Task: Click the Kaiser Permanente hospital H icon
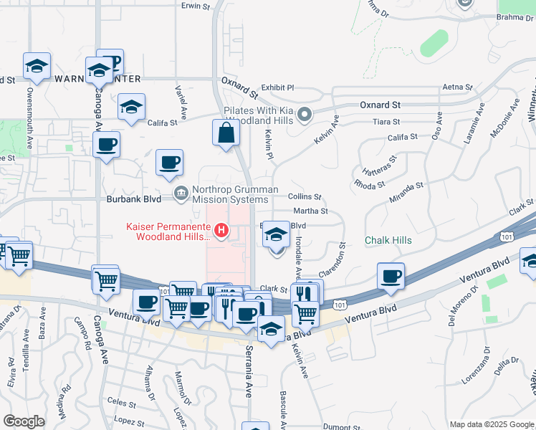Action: coord(222,231)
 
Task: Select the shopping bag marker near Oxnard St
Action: coord(226,133)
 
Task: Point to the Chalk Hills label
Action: coord(388,240)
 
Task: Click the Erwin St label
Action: coord(196,6)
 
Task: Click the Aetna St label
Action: coord(459,87)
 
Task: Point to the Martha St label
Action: coord(312,211)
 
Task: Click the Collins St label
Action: coord(305,196)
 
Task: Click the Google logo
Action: coord(24,421)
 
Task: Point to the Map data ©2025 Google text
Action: coord(491,424)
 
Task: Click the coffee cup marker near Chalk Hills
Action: coord(391,277)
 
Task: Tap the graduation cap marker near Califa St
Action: coord(131,107)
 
